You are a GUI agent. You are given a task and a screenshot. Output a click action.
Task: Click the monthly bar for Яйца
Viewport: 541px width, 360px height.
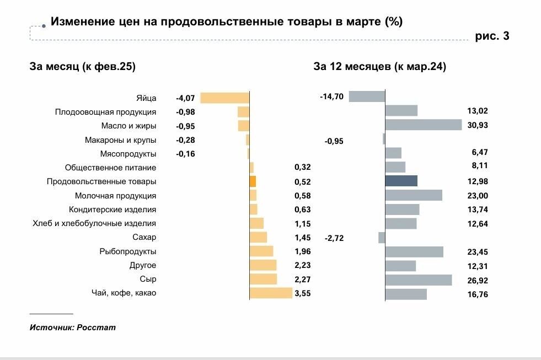(225, 98)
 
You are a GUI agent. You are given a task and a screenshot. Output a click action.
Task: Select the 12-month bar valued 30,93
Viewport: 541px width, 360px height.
(423, 125)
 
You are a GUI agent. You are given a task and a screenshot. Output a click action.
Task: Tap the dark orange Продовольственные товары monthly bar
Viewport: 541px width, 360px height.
(253, 181)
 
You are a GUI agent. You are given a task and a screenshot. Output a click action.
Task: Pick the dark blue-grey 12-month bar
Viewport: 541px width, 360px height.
(401, 181)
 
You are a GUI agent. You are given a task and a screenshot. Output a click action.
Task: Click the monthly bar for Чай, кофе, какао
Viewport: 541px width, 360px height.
(271, 293)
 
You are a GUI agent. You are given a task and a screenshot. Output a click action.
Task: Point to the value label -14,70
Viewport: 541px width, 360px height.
(331, 96)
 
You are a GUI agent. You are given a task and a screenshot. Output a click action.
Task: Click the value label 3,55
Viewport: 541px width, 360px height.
(303, 293)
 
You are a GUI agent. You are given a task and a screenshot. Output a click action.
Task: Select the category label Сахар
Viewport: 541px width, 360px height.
(144, 238)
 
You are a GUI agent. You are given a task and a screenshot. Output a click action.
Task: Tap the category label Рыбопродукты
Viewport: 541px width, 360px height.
(128, 251)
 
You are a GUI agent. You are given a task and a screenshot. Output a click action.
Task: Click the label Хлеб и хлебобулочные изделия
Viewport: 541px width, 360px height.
(95, 223)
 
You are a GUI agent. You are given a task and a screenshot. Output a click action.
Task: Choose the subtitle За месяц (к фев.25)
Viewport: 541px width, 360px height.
(83, 67)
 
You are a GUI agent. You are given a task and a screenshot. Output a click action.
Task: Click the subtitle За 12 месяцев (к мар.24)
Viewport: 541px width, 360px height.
(380, 67)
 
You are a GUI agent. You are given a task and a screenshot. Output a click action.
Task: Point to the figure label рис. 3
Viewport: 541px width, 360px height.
(492, 36)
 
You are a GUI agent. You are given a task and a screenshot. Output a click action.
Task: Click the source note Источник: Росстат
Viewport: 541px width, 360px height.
(73, 327)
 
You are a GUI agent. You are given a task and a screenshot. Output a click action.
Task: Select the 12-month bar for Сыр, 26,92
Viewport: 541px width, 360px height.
(418, 280)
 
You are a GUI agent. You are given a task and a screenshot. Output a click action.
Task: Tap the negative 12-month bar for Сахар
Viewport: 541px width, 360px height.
(382, 238)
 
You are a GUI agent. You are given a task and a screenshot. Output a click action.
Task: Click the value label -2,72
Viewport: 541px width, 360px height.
(334, 238)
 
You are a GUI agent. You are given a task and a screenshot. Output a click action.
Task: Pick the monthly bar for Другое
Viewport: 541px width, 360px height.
(263, 265)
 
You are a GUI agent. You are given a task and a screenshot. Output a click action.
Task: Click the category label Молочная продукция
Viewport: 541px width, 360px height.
(115, 196)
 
